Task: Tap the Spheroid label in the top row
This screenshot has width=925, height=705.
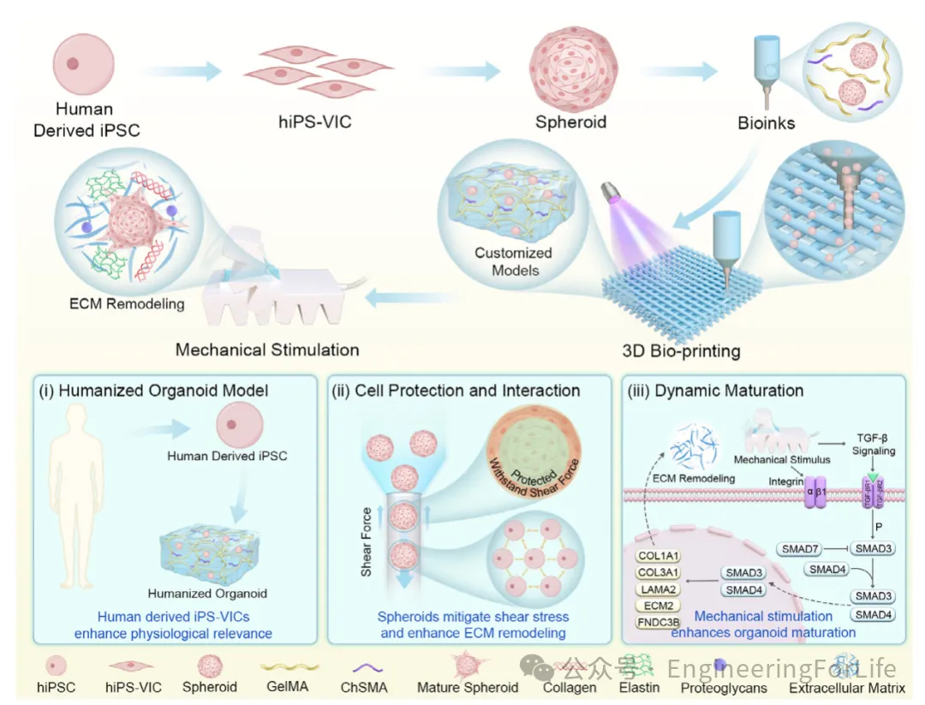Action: pos(570,122)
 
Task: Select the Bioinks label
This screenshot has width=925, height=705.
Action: pos(766,122)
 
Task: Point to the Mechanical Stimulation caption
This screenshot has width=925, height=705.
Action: pos(267,350)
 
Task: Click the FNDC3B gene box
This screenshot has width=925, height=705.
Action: pos(659,621)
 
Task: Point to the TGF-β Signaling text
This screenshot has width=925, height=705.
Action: pos(874,445)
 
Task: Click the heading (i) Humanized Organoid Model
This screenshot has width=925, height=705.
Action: pos(154,391)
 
